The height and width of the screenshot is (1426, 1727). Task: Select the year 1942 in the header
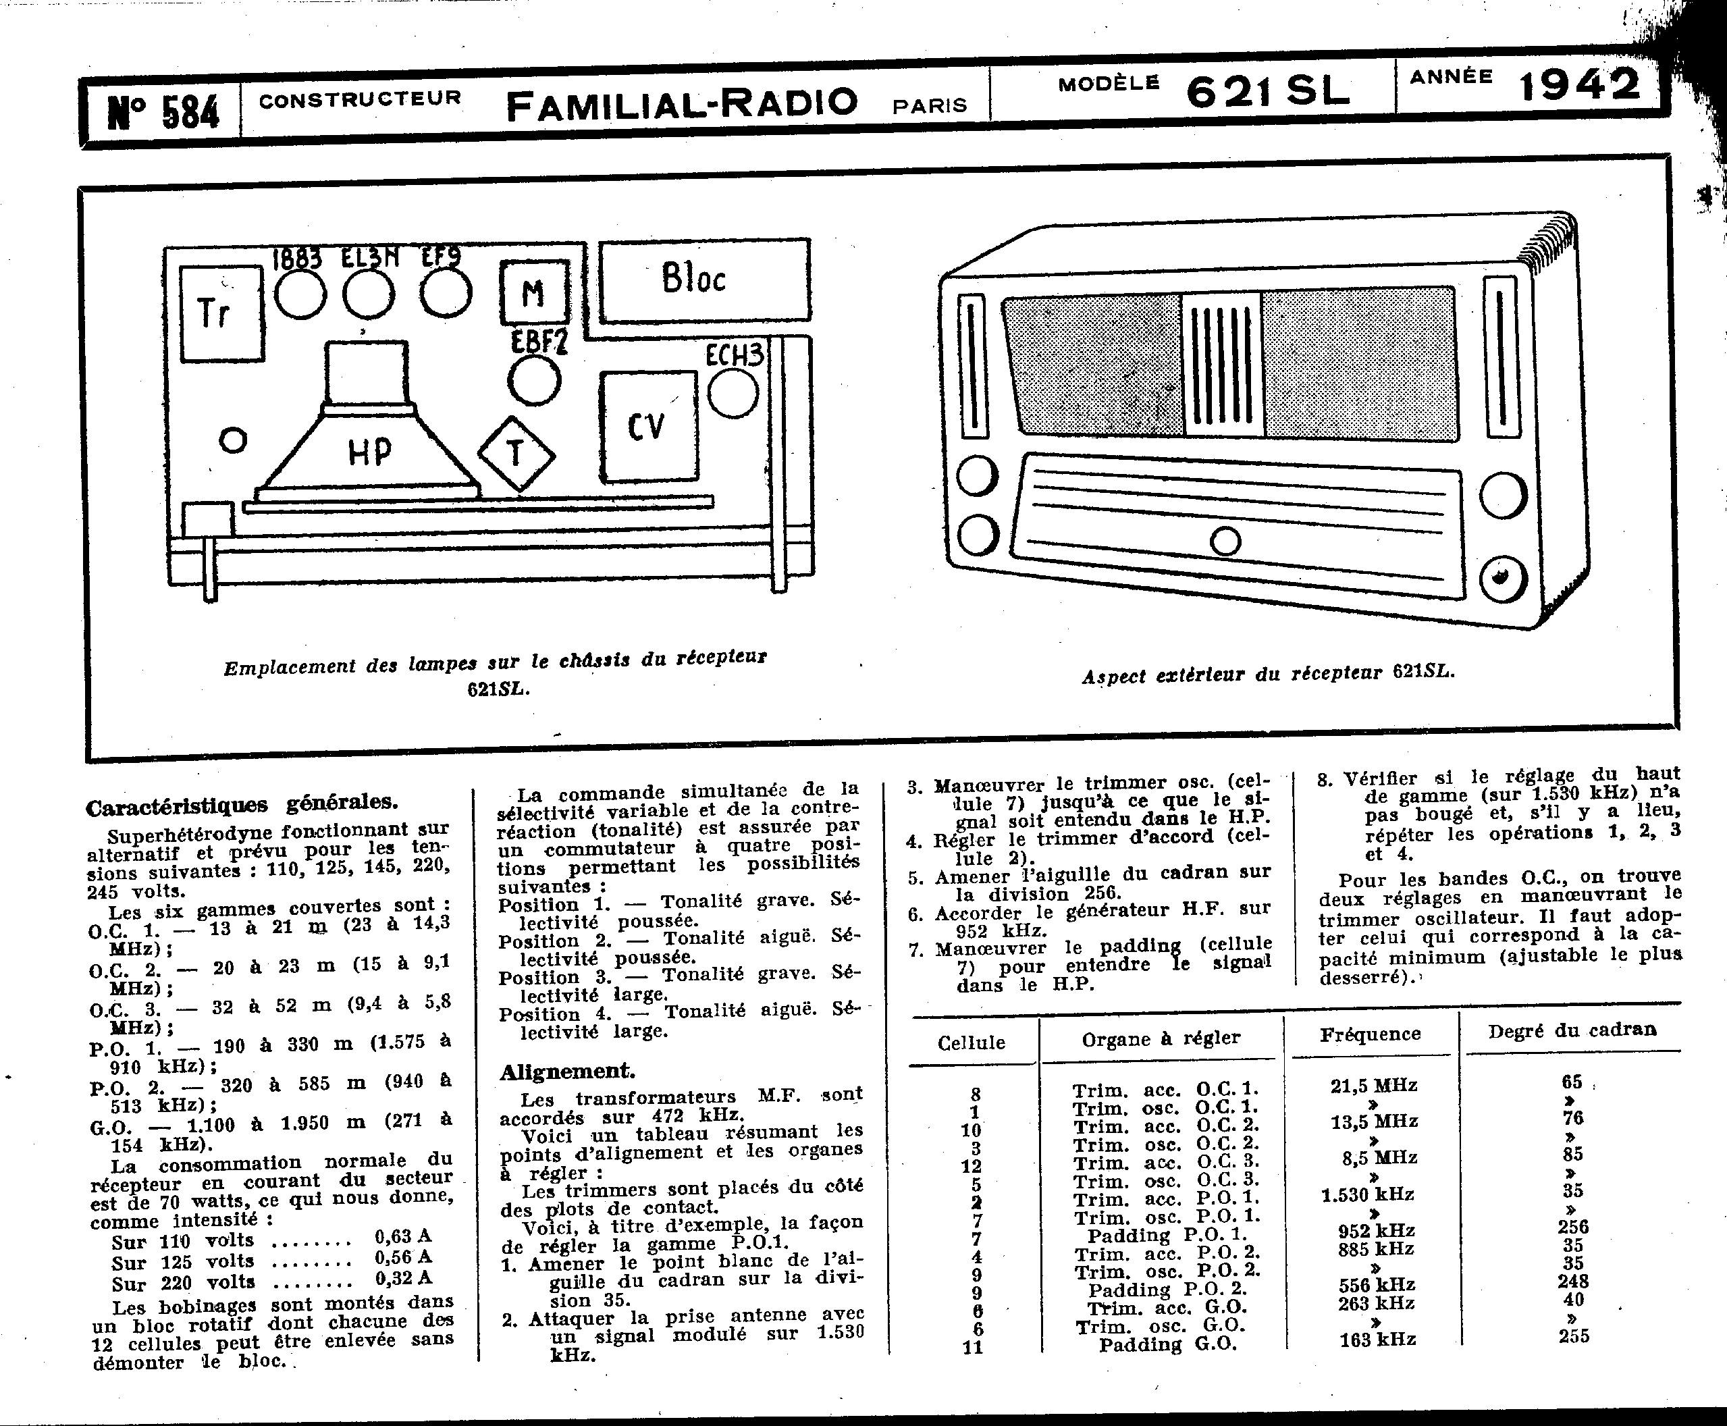coord(1579,86)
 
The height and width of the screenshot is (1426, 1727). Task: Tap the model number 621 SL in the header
coord(1267,90)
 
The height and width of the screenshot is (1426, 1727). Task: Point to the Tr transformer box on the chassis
coord(221,313)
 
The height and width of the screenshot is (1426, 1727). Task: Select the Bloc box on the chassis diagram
coord(703,280)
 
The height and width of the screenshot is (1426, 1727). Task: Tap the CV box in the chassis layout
coord(648,426)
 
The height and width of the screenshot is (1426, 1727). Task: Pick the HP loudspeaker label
coord(369,451)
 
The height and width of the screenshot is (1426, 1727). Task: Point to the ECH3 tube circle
coord(732,393)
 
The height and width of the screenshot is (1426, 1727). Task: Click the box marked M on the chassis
coord(534,292)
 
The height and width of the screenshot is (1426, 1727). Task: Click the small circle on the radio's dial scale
coord(1225,542)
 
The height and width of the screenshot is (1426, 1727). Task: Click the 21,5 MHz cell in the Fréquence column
coord(1373,1085)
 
